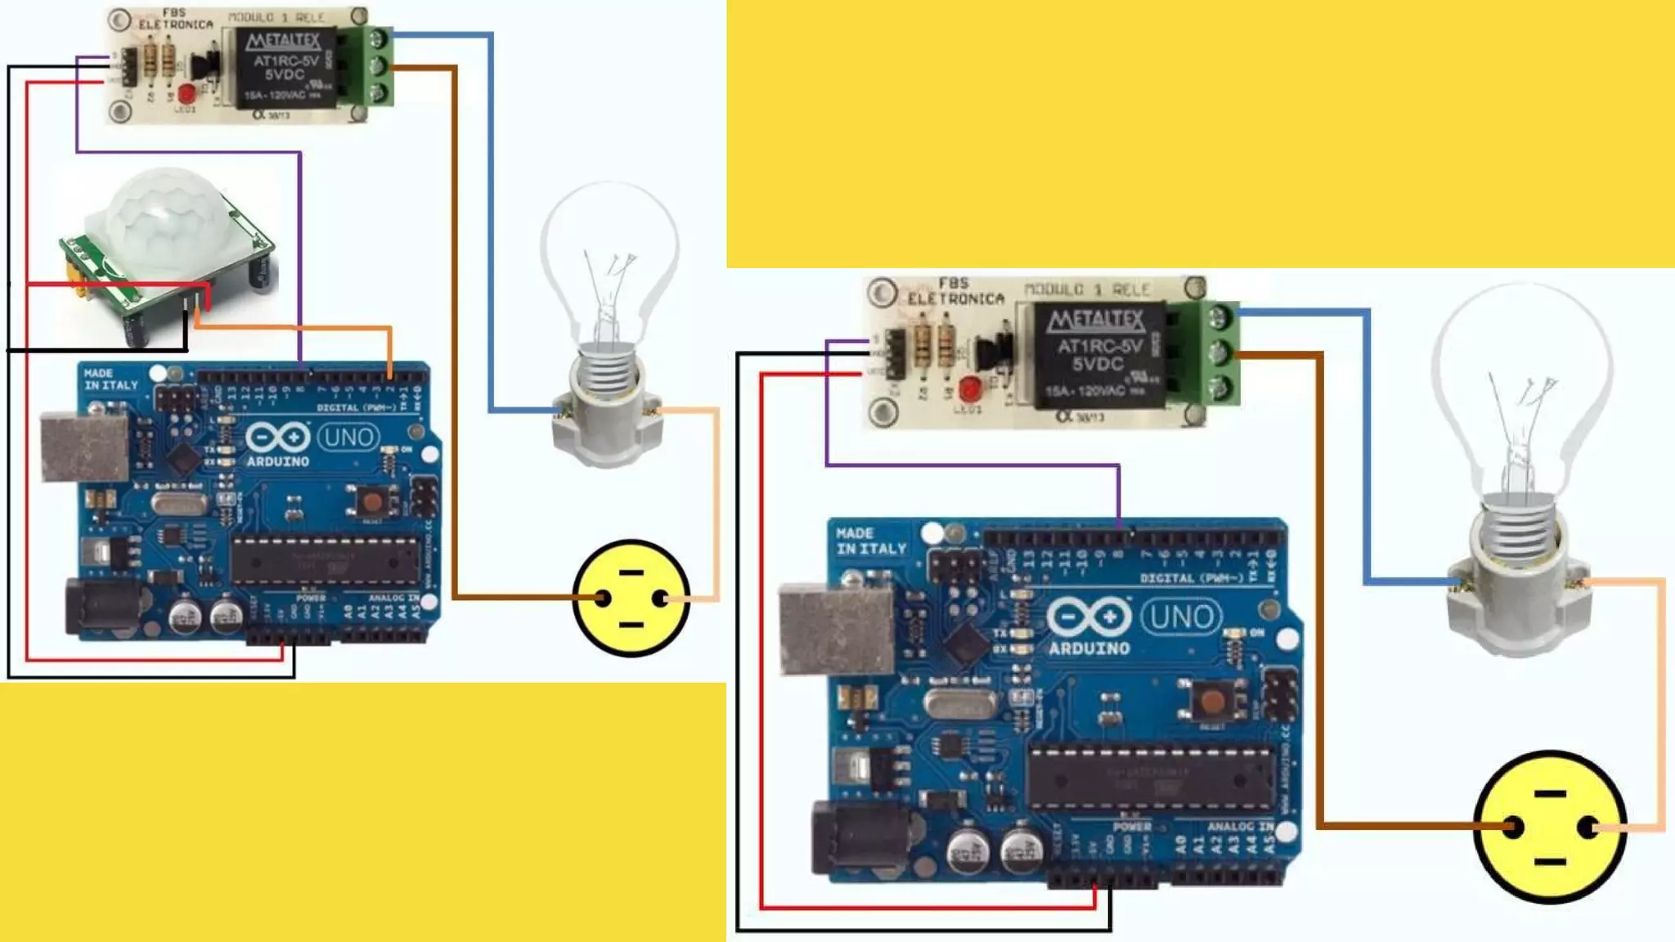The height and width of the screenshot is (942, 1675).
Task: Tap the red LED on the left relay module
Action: [186, 92]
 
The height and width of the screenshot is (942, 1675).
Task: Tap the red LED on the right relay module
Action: [970, 388]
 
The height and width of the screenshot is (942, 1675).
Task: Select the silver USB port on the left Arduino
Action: [83, 447]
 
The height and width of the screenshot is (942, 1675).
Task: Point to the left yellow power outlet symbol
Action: [631, 598]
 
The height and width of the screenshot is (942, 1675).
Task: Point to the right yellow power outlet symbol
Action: [1550, 827]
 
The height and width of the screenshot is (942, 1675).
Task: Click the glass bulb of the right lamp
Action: [1521, 384]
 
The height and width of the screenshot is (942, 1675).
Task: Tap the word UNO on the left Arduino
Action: [348, 437]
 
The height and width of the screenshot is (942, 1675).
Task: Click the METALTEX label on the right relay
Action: [1095, 320]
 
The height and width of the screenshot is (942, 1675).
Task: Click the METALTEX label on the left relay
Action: [283, 41]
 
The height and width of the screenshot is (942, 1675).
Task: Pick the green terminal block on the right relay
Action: [1219, 352]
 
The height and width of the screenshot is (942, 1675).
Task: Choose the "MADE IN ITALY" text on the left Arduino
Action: [110, 379]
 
